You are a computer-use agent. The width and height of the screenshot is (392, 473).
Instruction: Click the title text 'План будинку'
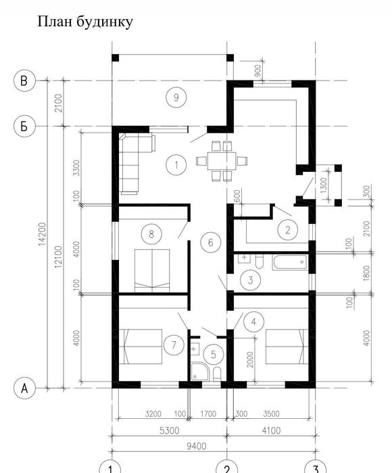coord(85,22)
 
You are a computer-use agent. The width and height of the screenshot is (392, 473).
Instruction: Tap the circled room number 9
coord(176,97)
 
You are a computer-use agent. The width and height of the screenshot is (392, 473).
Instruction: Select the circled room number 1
coord(176,164)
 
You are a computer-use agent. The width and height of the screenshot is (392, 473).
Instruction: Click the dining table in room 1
coord(222,161)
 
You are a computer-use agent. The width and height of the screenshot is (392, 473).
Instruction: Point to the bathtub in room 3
coord(290,262)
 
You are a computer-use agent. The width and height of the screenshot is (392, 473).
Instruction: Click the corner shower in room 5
coord(200,371)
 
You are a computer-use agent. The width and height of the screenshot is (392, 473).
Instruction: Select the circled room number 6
coord(211,242)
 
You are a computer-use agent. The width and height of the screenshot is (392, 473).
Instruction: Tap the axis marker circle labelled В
coord(24,81)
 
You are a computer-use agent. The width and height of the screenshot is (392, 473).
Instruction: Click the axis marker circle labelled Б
coord(24,126)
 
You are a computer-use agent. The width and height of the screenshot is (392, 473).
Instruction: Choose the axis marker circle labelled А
coord(24,388)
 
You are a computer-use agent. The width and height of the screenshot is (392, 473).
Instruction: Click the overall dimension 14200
coord(42,233)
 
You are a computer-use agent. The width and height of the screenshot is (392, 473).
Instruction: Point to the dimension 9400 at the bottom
coord(196,446)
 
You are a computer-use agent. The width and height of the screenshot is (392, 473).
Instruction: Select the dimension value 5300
coord(169,430)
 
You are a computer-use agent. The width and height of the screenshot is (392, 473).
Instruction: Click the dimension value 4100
coord(271,430)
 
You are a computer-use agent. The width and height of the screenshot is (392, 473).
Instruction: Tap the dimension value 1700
coord(209,413)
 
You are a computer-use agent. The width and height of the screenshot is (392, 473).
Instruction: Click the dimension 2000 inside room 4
coord(250,359)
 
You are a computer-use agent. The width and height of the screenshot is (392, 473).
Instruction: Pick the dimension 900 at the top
coord(258,70)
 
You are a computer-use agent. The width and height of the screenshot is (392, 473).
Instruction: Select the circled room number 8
coord(151,233)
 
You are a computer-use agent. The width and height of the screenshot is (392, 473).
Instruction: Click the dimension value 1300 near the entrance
coord(324,185)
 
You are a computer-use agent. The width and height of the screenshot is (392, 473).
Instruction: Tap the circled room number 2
coord(288,230)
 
